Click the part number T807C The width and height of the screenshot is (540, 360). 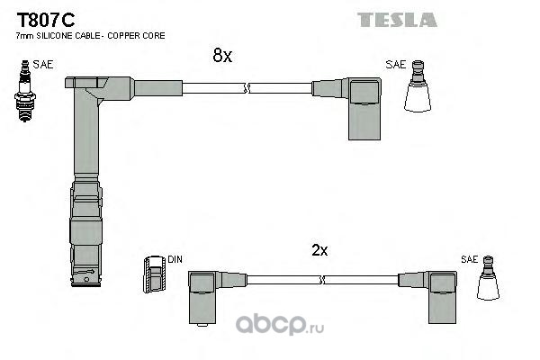pyautogui.click(x=46, y=20)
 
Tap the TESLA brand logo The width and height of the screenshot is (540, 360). pyautogui.click(x=397, y=20)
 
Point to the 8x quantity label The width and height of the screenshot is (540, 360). pyautogui.click(x=222, y=55)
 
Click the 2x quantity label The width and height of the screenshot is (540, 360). pyautogui.click(x=319, y=250)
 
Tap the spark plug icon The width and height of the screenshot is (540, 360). pyautogui.click(x=25, y=91)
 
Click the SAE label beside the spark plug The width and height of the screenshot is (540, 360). pyautogui.click(x=43, y=65)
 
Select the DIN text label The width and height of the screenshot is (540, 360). pyautogui.click(x=175, y=259)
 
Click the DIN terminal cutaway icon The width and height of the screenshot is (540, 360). pyautogui.click(x=155, y=274)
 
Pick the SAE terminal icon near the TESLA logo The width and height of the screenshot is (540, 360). pyautogui.click(x=418, y=86)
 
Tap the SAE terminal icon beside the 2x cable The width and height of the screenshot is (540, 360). pyautogui.click(x=488, y=278)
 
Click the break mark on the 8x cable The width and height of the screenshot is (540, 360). pyautogui.click(x=246, y=88)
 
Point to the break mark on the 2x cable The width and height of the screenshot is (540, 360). pyautogui.click(x=323, y=280)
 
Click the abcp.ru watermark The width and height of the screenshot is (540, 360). pyautogui.click(x=280, y=324)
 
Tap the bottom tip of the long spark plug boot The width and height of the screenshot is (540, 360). pyautogui.click(x=85, y=284)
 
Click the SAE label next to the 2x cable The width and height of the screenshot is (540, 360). pyautogui.click(x=470, y=259)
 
